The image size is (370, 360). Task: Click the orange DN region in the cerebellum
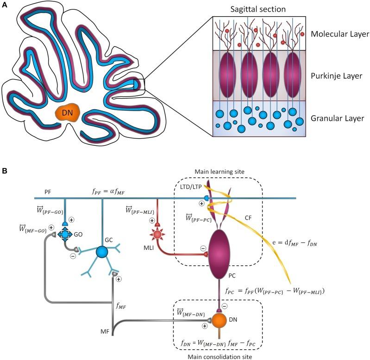tap(67, 113)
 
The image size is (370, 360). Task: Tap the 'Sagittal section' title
tap(258, 9)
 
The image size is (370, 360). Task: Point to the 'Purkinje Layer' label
tap(337, 75)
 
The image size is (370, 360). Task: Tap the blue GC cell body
tap(102, 252)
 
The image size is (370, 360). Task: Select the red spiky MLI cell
tap(158, 235)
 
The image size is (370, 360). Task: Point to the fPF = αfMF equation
tap(111, 190)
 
